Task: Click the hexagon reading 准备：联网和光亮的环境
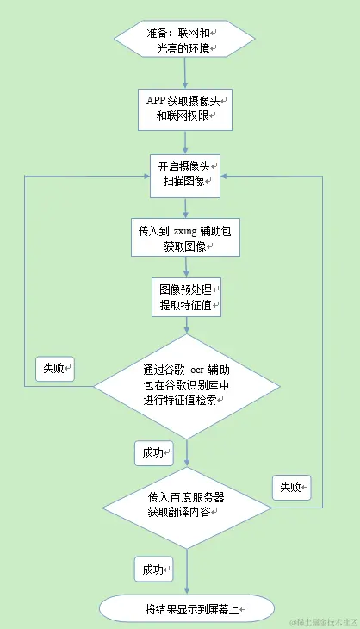coord(185,40)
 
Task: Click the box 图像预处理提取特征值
coord(185,297)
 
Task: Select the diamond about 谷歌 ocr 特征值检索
coord(185,385)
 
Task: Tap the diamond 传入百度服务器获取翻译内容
coord(185,505)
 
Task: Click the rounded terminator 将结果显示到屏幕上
coord(185,609)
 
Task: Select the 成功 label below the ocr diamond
coord(154,452)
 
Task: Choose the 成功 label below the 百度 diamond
coord(154,569)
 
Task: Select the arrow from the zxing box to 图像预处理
coord(185,266)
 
